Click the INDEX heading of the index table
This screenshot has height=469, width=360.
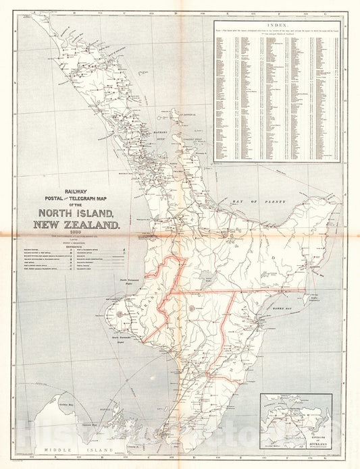pos(278,25)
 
